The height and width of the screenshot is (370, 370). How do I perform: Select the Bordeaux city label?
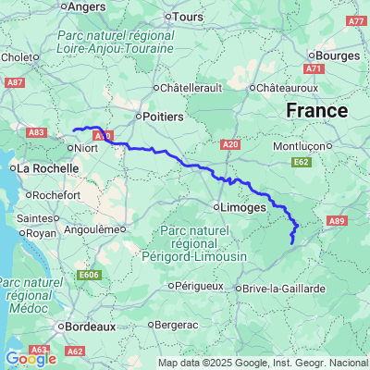(90, 326)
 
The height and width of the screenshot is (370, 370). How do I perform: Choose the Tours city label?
(189, 17)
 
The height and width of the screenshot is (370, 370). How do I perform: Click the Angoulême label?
(96, 228)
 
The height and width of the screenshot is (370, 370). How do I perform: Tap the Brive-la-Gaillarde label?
(286, 289)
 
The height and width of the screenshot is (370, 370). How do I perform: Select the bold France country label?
(316, 111)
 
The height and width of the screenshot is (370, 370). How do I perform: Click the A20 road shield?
(231, 144)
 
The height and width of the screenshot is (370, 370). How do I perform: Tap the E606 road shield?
(89, 275)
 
